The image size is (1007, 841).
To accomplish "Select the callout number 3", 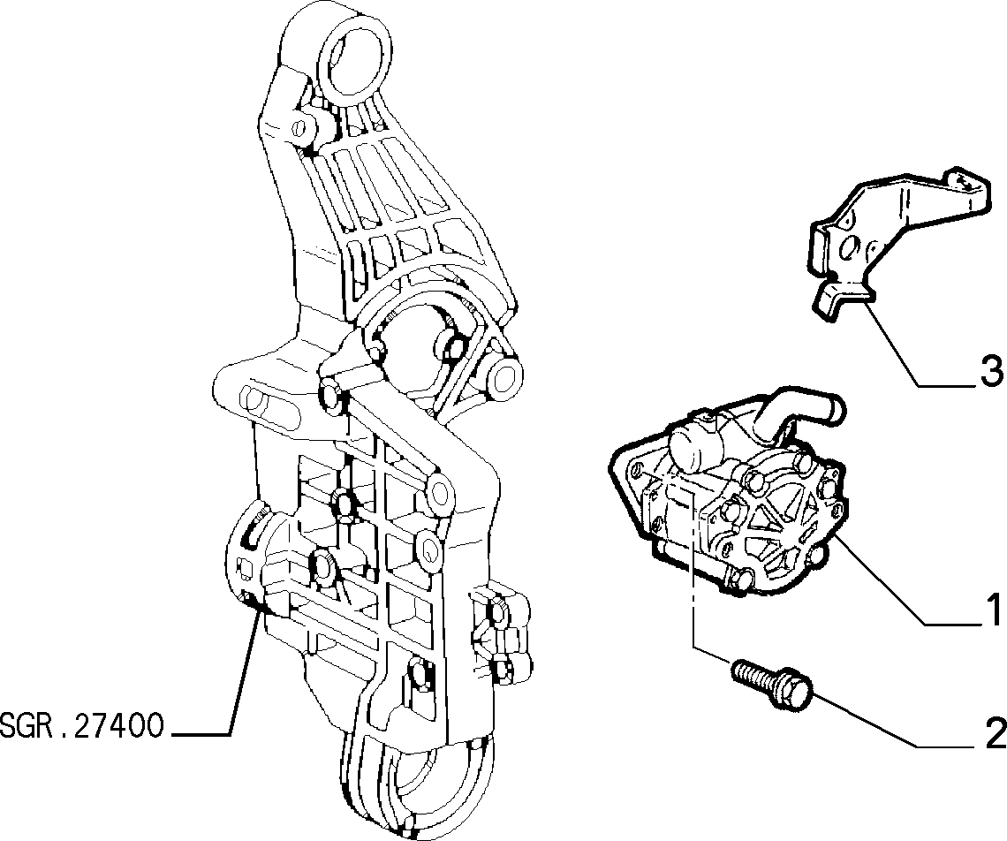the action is (993, 371).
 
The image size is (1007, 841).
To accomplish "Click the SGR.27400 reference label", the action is (81, 726).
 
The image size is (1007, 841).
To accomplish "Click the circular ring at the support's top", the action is (355, 57).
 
